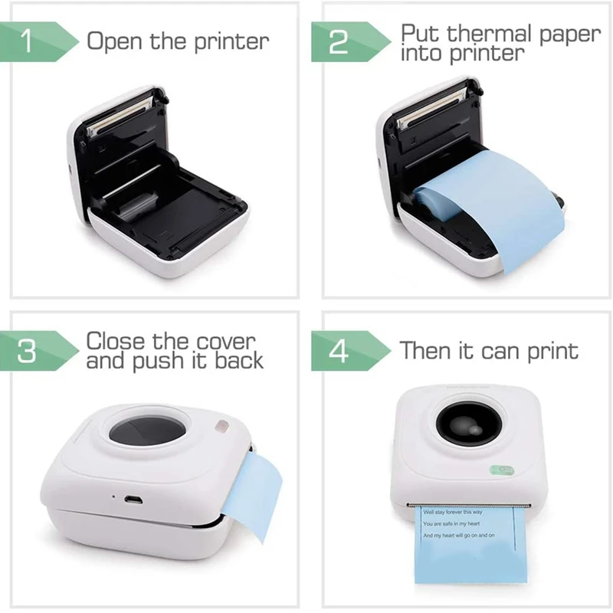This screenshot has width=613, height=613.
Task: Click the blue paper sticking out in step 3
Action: coord(253,490)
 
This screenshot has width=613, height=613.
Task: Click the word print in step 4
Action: coord(550,352)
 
